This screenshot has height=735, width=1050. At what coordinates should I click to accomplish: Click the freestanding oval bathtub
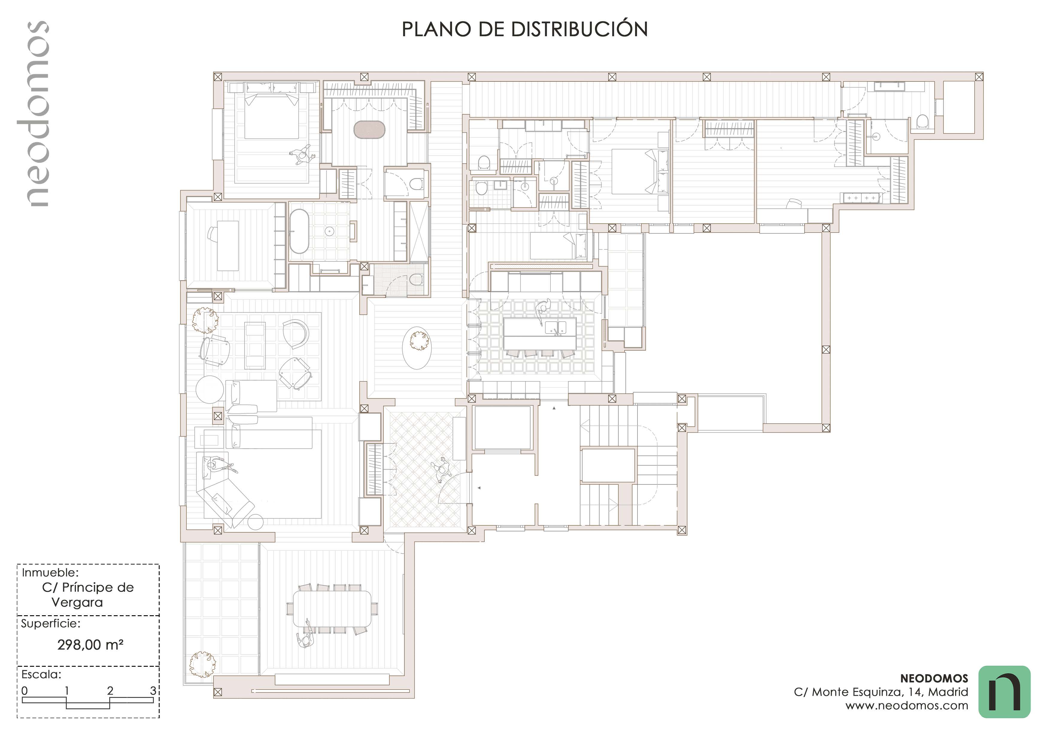pyautogui.click(x=300, y=231)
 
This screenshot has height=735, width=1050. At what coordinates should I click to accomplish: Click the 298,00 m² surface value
pyautogui.click(x=90, y=645)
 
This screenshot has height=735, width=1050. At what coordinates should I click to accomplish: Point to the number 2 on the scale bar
pyautogui.click(x=110, y=691)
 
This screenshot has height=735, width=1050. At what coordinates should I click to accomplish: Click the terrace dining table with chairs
pyautogui.click(x=332, y=609)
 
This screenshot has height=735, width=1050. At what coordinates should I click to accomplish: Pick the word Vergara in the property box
pyautogui.click(x=77, y=602)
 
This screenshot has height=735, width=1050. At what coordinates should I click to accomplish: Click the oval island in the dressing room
pyautogui.click(x=370, y=129)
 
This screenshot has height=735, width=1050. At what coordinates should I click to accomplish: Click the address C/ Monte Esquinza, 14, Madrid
pyautogui.click(x=881, y=692)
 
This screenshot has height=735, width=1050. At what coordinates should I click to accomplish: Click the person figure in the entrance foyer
pyautogui.click(x=442, y=470)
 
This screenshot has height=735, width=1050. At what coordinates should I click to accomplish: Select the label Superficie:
pyautogui.click(x=50, y=623)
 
